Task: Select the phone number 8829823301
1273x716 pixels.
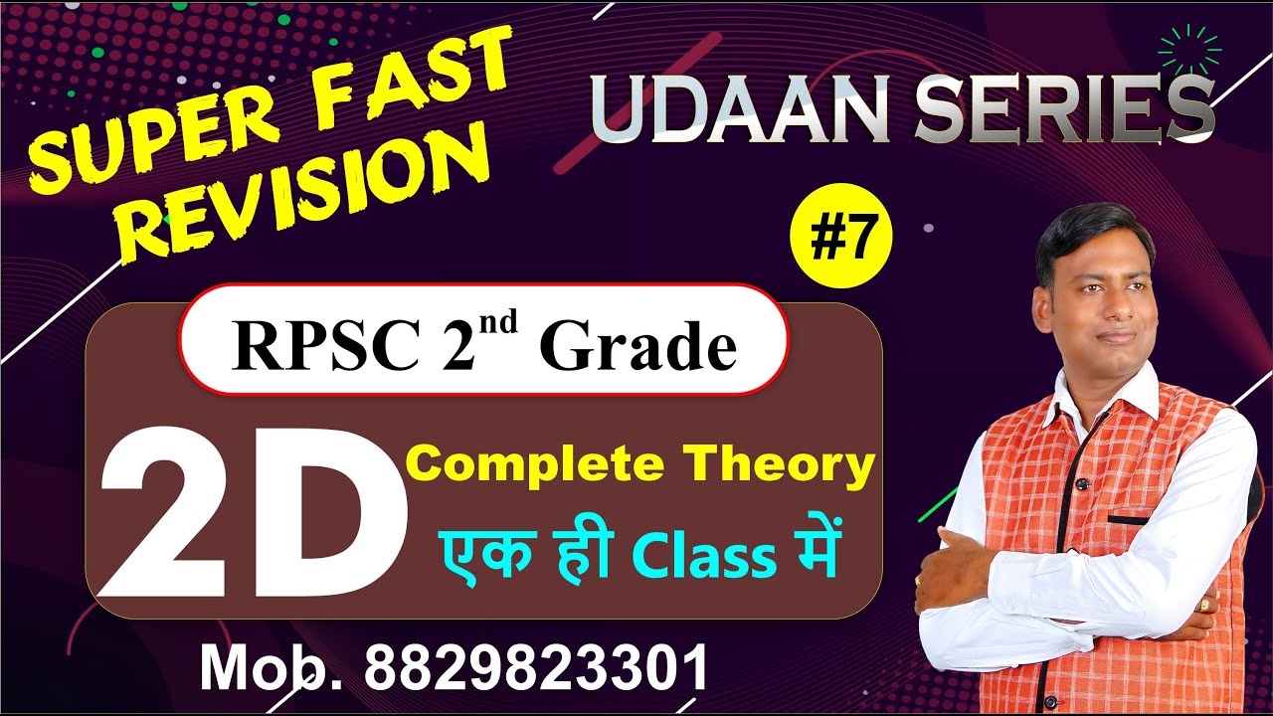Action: (536, 667)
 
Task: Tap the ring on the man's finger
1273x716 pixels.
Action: (1206, 604)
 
